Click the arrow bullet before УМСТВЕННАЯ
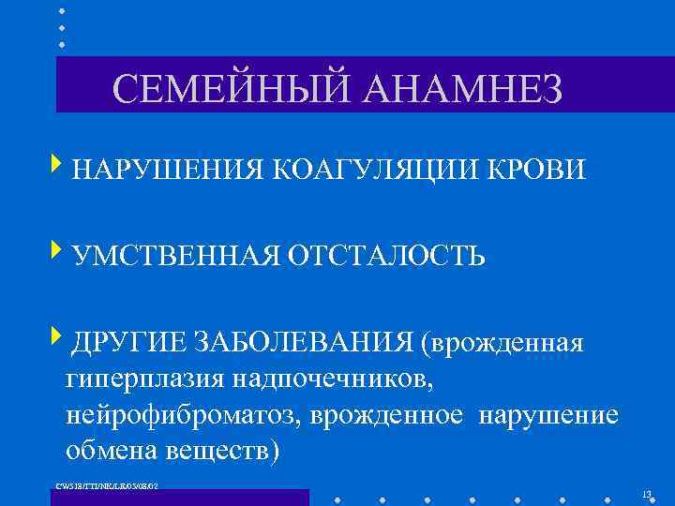click(x=58, y=251)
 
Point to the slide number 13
click(x=646, y=494)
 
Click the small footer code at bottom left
click(x=108, y=485)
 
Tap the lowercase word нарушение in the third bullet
click(x=548, y=415)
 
